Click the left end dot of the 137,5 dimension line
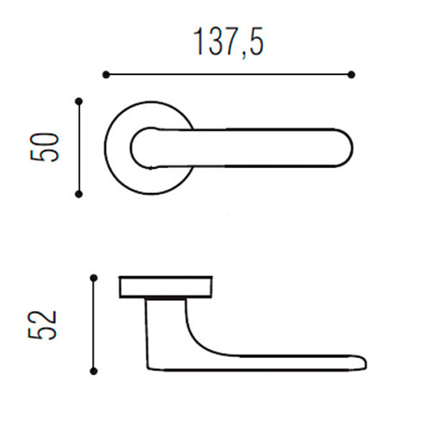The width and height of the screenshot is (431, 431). pyautogui.click(x=106, y=75)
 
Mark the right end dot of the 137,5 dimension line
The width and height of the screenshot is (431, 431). pyautogui.click(x=352, y=75)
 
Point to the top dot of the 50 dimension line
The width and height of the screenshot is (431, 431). pyautogui.click(x=79, y=101)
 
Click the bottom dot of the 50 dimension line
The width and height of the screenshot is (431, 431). pyautogui.click(x=79, y=195)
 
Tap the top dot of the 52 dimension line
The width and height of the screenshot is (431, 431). pyautogui.click(x=93, y=278)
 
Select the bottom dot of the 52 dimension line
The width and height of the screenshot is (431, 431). pyautogui.click(x=93, y=372)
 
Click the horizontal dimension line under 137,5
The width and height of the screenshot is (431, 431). pyautogui.click(x=228, y=75)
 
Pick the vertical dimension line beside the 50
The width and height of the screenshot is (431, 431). pyautogui.click(x=79, y=147)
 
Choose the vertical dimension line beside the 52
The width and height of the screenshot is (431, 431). pyautogui.click(x=93, y=324)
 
